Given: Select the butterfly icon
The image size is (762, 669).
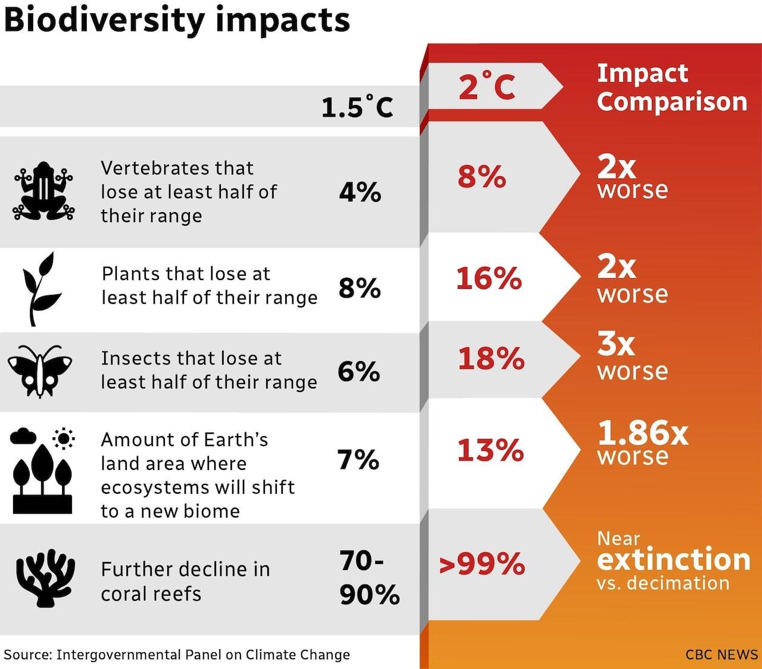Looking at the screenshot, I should coord(40,371).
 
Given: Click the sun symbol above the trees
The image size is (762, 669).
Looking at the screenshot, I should coord(63,439).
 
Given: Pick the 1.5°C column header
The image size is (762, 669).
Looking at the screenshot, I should coord(357,108).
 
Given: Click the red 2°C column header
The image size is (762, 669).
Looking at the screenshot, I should coord(486,87).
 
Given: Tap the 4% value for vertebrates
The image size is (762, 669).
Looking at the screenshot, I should coord(360,192).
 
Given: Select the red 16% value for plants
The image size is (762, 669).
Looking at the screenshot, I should coord(489,278).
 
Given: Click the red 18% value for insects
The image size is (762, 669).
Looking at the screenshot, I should coord(491,359).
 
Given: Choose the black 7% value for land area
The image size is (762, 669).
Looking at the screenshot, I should coord(358,460).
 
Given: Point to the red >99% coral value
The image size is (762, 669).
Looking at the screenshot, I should coord(482,564).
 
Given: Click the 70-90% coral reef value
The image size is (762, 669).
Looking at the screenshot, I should coord(369,578).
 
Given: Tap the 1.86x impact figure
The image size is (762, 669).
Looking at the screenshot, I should coord(643,433).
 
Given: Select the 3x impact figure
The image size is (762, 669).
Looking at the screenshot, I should coord(616,344).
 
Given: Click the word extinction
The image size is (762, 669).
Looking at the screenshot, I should coord(673,559).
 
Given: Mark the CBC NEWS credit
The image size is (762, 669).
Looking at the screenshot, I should coord(722,655).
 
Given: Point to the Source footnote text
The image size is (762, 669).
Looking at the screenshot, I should coord(177,655).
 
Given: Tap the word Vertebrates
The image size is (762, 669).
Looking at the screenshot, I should coord(177,168).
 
